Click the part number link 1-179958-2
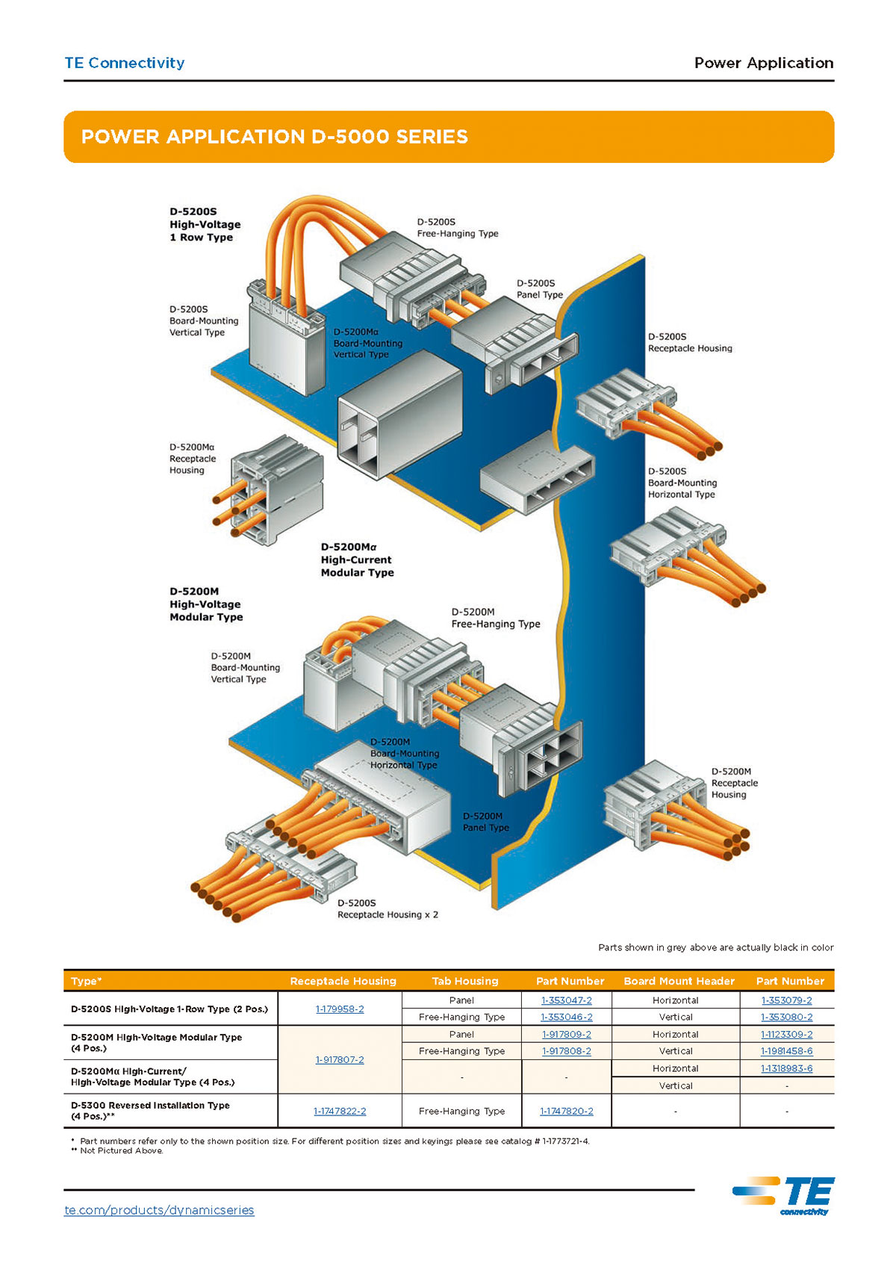(x=340, y=1009)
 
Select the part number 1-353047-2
(x=567, y=1000)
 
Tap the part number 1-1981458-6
(x=787, y=1051)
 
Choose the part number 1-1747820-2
(x=567, y=1112)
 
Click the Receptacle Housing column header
(x=343, y=981)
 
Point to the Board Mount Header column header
(x=679, y=981)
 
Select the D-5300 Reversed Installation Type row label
(x=150, y=1111)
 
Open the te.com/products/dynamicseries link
(x=159, y=1210)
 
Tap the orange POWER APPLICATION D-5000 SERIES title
(x=275, y=137)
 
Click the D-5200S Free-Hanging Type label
(x=457, y=228)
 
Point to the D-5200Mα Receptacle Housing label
(x=193, y=459)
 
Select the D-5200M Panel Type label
(x=485, y=822)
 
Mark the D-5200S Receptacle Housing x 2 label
(x=388, y=909)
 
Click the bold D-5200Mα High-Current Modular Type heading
(x=357, y=560)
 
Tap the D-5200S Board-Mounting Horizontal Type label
(x=682, y=483)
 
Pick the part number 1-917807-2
(x=340, y=1060)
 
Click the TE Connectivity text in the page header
(x=125, y=63)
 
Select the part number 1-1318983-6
(x=787, y=1068)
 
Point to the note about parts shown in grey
(x=715, y=947)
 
